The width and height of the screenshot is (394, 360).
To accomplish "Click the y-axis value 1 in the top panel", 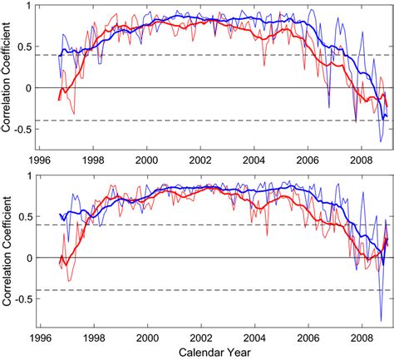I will click(31, 7).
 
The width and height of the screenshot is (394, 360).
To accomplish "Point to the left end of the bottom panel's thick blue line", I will click(60, 215).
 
